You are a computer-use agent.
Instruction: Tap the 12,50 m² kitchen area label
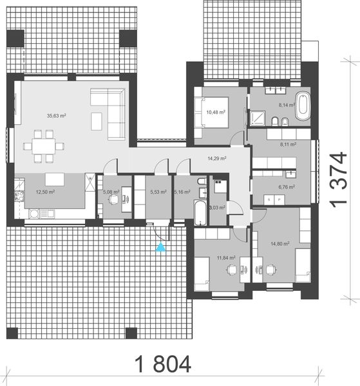45,192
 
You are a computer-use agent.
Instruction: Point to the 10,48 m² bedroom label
216,112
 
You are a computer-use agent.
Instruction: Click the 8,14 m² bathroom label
287,104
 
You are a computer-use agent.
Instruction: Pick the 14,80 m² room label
280,244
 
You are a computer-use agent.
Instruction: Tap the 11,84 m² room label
226,258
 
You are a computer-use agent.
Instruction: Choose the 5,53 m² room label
158,192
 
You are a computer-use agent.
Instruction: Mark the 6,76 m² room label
286,187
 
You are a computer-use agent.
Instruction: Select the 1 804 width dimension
163,365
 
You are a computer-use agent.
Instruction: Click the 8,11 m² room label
287,145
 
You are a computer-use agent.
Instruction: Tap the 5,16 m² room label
183,192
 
